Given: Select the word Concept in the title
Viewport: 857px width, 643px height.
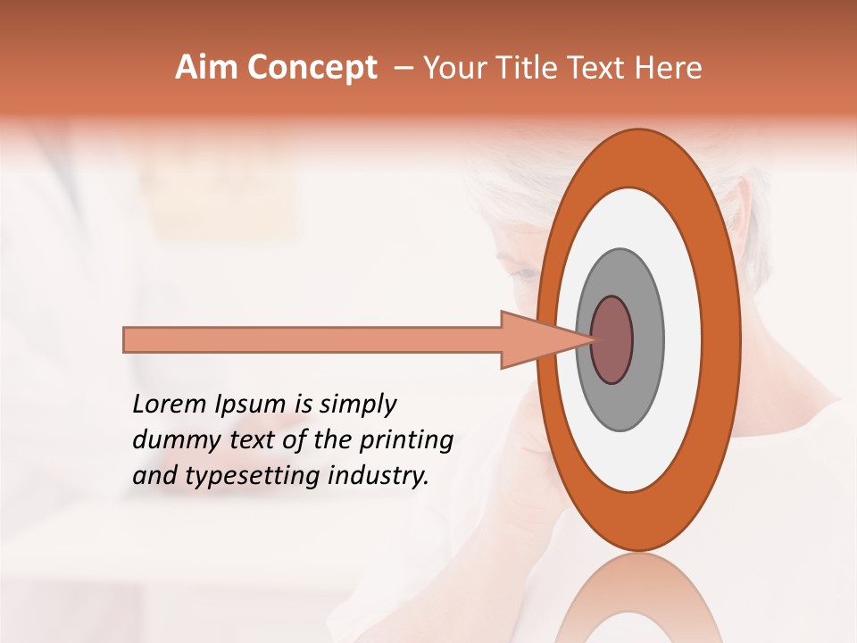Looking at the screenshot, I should (x=312, y=68).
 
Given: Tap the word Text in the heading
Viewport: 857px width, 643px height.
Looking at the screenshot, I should (x=601, y=68).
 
